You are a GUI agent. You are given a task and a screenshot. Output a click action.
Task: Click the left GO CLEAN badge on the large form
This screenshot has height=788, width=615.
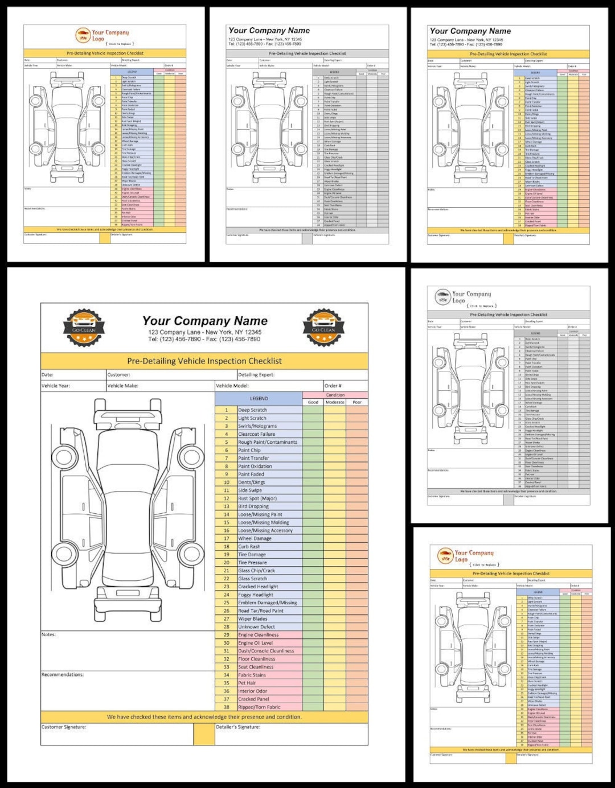pyautogui.click(x=84, y=328)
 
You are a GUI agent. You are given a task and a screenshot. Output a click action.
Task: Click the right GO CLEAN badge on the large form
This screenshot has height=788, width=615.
pyautogui.click(x=323, y=328)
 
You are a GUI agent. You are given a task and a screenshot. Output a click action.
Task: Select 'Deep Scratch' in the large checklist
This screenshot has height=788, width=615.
pyautogui.click(x=252, y=410)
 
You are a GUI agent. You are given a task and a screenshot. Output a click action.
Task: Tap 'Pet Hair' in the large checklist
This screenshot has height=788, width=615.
pyautogui.click(x=247, y=683)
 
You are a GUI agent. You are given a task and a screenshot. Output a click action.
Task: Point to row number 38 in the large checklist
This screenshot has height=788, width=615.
pyautogui.click(x=226, y=707)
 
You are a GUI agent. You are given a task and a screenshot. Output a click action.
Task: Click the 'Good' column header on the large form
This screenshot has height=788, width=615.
pyautogui.click(x=313, y=402)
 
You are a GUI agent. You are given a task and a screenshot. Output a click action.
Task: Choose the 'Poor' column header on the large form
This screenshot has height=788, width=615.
pyautogui.click(x=357, y=402)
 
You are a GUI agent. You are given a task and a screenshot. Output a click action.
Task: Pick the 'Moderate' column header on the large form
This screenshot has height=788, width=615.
pyautogui.click(x=335, y=402)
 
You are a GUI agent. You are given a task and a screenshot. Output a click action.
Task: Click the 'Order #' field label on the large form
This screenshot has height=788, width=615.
pyautogui.click(x=333, y=386)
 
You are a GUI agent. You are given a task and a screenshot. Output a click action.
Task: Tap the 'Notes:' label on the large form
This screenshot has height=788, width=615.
pyautogui.click(x=49, y=634)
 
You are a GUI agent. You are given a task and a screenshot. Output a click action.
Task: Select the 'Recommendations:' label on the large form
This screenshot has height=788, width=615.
pyautogui.click(x=63, y=675)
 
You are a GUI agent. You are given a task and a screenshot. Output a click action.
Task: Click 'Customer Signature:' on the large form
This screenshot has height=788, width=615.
pyautogui.click(x=64, y=727)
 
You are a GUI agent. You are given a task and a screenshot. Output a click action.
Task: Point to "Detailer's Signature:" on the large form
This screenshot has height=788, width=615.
pyautogui.click(x=238, y=727)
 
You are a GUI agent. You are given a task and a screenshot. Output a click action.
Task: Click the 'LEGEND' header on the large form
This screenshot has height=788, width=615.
pyautogui.click(x=259, y=398)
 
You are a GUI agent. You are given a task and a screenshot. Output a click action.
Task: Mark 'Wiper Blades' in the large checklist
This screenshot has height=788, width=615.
pyautogui.click(x=252, y=618)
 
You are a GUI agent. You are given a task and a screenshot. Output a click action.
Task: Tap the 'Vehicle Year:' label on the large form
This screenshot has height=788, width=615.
pyautogui.click(x=56, y=386)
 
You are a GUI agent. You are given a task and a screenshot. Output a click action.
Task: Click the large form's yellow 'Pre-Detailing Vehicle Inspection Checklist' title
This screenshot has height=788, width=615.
pyautogui.click(x=204, y=361)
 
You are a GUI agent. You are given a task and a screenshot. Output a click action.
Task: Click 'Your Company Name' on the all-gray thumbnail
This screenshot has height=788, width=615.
pyautogui.click(x=269, y=31)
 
